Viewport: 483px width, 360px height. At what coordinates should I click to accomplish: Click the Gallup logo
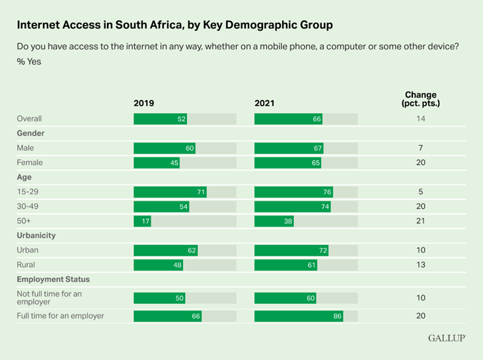(446, 338)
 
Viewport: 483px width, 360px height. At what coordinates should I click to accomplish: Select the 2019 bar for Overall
(161, 119)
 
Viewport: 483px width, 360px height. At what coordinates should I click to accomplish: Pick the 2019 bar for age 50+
(142, 221)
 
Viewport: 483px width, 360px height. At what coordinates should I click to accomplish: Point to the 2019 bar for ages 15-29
(170, 192)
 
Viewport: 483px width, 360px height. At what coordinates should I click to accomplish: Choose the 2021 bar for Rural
(286, 265)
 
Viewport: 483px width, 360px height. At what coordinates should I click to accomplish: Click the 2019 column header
(143, 103)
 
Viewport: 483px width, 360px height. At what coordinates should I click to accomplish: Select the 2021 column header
(265, 103)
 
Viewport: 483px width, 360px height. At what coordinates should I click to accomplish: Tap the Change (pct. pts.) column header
(420, 99)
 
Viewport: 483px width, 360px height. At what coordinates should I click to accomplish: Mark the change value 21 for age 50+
(420, 221)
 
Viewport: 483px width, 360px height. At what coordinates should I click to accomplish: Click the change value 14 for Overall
(420, 119)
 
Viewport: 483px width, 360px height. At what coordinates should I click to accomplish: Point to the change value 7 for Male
(420, 148)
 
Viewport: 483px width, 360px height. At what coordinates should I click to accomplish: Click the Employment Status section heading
(53, 279)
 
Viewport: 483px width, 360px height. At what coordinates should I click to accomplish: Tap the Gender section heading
(30, 133)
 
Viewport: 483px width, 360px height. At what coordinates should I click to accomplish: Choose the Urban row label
(27, 250)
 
